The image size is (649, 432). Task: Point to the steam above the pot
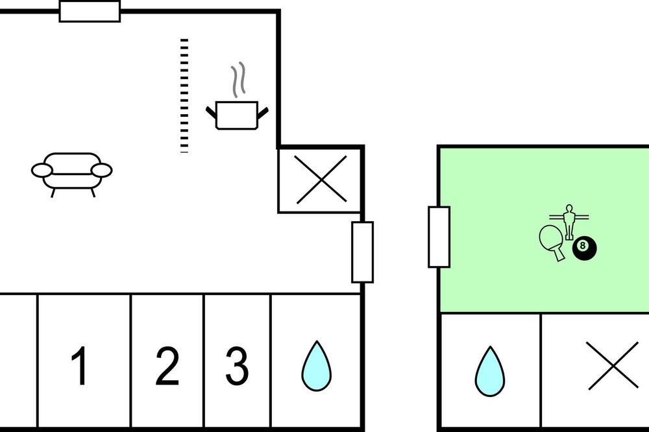click(x=238, y=80)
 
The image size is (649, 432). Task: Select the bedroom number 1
click(x=79, y=366)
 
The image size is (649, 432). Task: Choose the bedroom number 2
click(x=167, y=366)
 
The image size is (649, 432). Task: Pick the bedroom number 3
click(x=237, y=366)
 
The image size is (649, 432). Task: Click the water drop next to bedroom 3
click(x=316, y=366)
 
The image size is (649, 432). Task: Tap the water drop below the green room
click(x=489, y=371)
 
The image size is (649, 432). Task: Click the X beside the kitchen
click(x=322, y=180)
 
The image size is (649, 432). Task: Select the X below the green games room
click(x=613, y=366)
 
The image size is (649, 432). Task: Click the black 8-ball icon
click(x=585, y=248)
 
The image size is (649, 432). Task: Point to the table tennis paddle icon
click(x=552, y=243)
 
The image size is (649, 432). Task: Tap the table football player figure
click(x=569, y=222)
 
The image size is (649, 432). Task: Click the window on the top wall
click(x=90, y=12)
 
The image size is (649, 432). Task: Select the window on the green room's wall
click(x=439, y=237)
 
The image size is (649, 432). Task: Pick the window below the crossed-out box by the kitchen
click(x=363, y=252)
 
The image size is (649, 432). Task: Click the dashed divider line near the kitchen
click(x=184, y=96)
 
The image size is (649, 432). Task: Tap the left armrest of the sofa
click(x=42, y=170)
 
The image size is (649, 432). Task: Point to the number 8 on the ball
click(x=583, y=246)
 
